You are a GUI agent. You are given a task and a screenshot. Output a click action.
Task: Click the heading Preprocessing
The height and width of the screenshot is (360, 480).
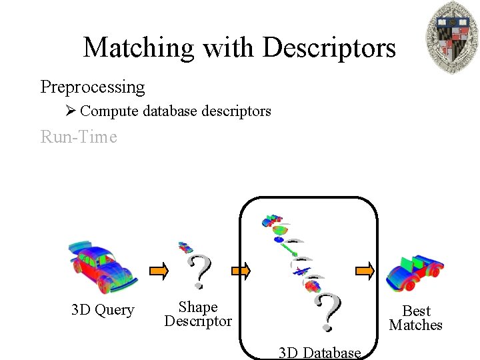tap(93, 87)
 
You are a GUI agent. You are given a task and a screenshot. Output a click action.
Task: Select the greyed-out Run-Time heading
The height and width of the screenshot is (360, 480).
tap(79, 137)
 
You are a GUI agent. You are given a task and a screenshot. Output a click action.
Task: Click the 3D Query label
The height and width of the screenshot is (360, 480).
tap(103, 310)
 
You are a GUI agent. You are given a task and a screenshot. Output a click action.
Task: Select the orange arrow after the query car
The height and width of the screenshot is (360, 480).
tap(159, 271)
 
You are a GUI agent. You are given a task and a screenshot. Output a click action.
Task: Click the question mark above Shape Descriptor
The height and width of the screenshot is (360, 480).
tap(199, 271)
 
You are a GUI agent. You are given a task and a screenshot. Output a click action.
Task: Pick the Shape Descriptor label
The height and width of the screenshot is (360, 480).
tap(198, 314)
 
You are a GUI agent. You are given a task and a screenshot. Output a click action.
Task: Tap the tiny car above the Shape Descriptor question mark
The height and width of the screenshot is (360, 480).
tap(184, 247)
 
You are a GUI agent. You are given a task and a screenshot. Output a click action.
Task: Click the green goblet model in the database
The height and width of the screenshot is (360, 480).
tap(282, 231)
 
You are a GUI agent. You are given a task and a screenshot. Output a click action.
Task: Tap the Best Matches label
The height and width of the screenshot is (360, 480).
tap(416, 318)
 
